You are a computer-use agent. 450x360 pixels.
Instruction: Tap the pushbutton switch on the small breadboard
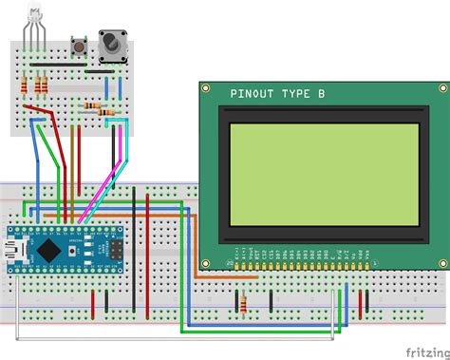tap(81, 47)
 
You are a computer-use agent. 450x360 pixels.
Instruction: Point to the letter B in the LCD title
tap(322, 94)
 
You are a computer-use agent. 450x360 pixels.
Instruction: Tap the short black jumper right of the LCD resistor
tap(273, 301)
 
